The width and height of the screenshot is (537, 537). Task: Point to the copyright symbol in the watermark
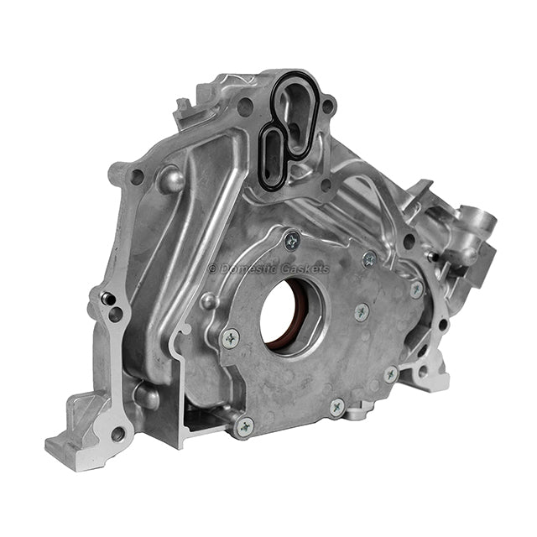212,269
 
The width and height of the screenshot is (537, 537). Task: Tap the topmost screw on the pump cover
292,241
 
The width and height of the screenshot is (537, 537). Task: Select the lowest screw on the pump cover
244,427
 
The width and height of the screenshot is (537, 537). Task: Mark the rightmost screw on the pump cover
416,289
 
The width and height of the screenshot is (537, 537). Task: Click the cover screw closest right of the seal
362,312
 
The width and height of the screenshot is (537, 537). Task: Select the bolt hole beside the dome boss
137,177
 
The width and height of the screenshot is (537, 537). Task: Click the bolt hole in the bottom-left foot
118,433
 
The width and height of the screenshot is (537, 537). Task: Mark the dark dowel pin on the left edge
107,299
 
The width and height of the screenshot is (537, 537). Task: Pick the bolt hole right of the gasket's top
328,107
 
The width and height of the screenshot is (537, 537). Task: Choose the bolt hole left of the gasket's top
244,107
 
